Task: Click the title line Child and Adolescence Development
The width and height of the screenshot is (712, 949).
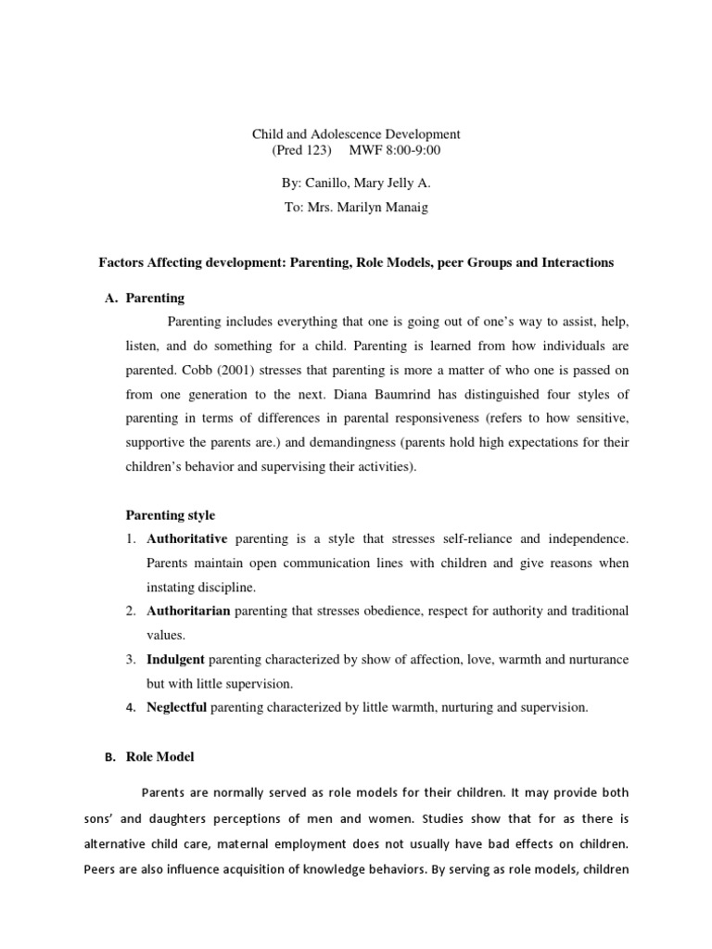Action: coord(356,134)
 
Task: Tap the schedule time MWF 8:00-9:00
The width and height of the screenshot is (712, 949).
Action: coord(395,150)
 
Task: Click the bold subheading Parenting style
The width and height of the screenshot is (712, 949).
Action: coord(170,514)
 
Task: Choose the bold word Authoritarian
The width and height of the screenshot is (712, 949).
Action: coord(188,611)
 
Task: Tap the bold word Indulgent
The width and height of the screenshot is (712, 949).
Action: coord(176,659)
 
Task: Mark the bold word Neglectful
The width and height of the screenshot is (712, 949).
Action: coord(177,707)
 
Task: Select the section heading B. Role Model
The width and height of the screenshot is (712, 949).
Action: coord(151,757)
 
